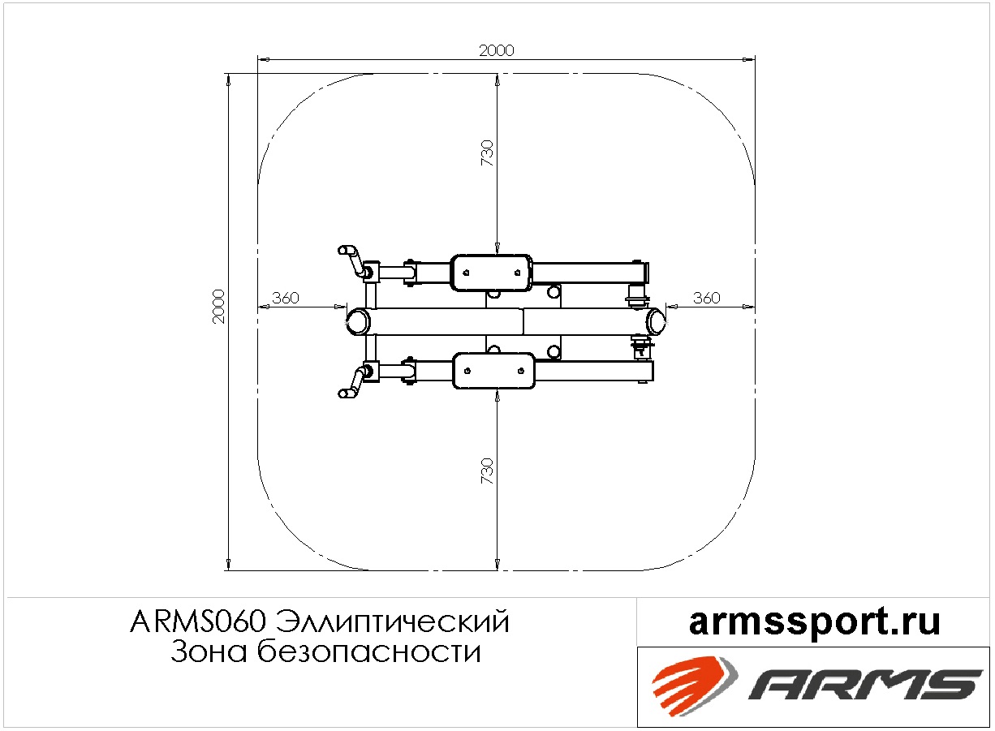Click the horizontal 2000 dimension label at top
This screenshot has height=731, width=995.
point(496,50)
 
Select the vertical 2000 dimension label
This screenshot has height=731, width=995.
point(219,307)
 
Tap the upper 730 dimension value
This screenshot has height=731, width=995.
point(487,153)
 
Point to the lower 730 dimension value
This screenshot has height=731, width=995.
point(487,471)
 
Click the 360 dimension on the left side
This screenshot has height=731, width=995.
point(286,298)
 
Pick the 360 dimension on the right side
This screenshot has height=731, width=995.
point(707,298)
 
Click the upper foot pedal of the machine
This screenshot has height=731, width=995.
point(491,273)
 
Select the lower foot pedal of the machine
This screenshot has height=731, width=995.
point(493,371)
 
